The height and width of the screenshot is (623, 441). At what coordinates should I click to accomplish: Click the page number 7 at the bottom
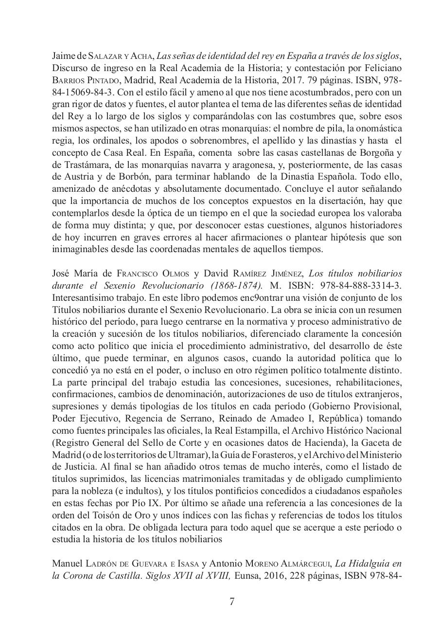[232, 602]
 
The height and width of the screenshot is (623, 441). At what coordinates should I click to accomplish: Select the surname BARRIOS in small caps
[67, 80]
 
